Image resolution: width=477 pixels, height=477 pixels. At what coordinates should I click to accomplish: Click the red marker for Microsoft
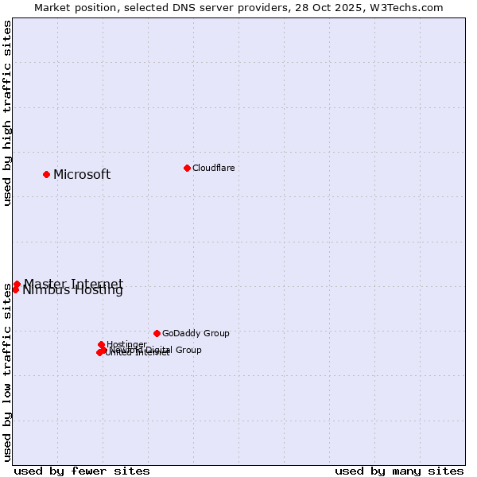click(46, 174)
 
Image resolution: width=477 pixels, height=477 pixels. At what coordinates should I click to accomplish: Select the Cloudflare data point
click(187, 168)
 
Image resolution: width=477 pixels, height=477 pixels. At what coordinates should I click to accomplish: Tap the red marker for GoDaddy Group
click(157, 333)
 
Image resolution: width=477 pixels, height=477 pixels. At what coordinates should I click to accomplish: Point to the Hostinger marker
click(101, 344)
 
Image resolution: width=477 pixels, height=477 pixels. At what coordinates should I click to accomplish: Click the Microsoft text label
click(82, 175)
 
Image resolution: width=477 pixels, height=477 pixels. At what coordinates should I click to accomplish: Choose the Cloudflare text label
click(214, 168)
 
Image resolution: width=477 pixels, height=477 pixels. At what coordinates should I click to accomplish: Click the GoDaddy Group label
click(196, 333)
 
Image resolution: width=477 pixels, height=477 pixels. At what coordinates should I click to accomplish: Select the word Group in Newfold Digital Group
click(188, 350)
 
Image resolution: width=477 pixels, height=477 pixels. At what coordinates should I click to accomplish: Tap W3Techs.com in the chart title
click(409, 8)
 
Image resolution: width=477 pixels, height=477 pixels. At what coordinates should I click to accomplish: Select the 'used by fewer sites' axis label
click(82, 471)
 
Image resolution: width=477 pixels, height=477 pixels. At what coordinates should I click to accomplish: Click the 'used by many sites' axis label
click(399, 471)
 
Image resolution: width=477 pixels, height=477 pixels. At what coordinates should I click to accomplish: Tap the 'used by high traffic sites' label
click(8, 114)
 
